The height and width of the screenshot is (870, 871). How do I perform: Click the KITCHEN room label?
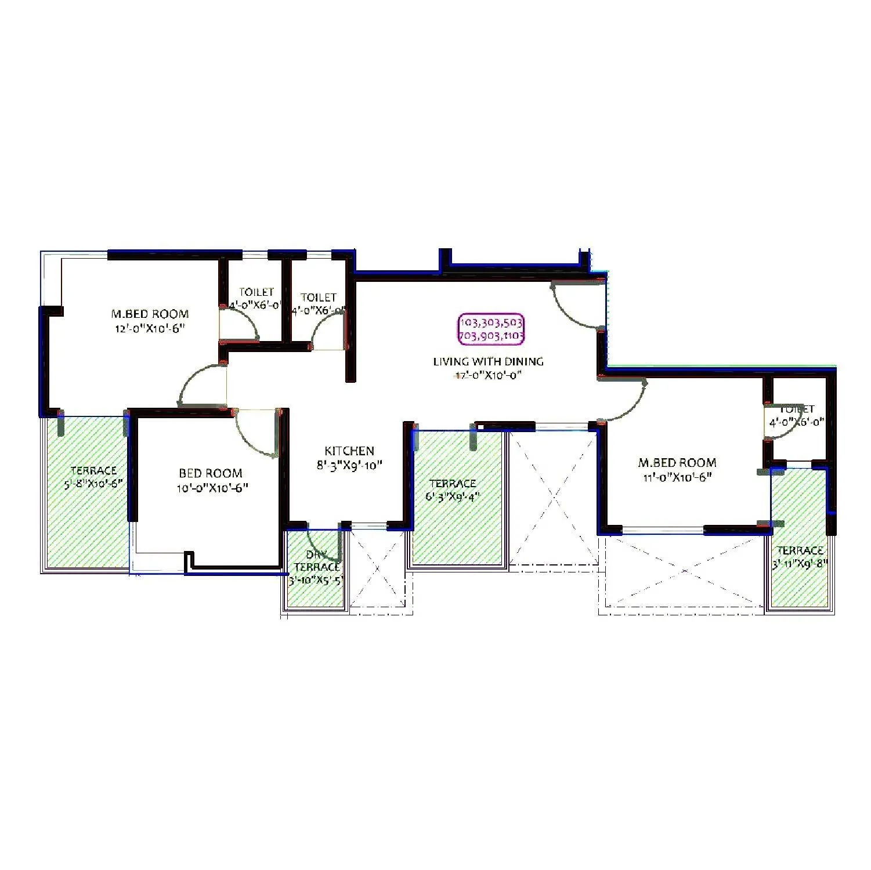(x=349, y=451)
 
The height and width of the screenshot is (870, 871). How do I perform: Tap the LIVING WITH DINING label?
(x=488, y=361)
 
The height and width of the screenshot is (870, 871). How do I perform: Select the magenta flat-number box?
(x=491, y=329)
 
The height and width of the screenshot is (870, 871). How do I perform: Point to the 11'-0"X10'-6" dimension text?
(x=677, y=477)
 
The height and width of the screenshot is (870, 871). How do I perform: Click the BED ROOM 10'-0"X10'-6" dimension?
(x=212, y=488)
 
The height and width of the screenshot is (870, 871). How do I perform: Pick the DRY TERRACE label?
(x=317, y=561)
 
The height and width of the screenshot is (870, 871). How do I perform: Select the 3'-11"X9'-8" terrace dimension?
(x=800, y=563)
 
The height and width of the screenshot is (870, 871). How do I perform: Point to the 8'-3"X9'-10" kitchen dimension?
(x=349, y=465)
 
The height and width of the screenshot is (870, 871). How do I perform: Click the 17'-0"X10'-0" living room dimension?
(x=487, y=376)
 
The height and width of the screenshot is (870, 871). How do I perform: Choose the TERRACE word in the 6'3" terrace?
(x=453, y=484)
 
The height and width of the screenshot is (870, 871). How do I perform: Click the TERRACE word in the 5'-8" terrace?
(x=93, y=470)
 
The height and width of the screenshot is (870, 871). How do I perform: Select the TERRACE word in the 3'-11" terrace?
(x=800, y=550)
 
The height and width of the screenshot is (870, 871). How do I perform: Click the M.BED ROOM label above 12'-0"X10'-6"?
(x=150, y=314)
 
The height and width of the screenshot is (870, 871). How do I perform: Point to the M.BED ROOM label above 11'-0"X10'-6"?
(x=677, y=463)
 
